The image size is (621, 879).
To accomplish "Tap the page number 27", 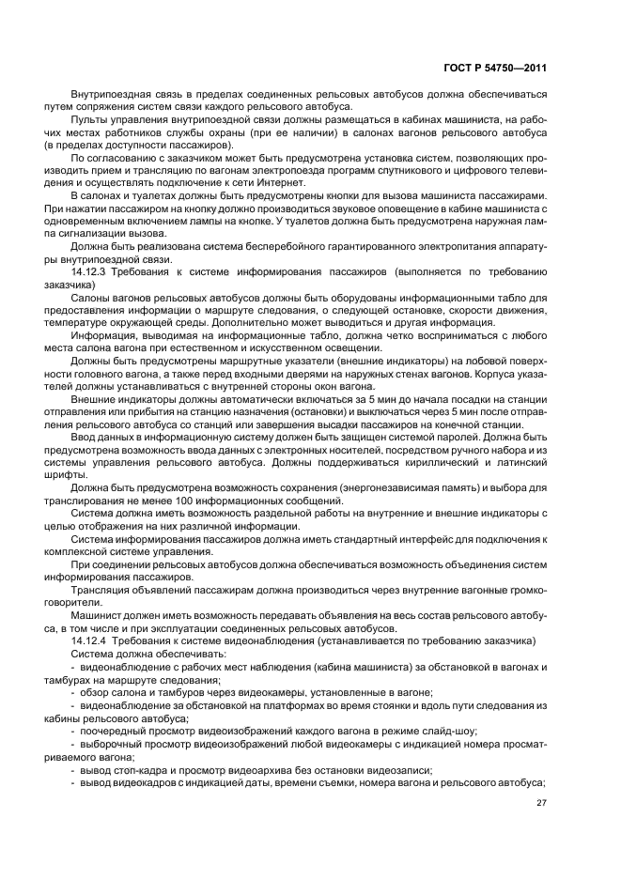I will click(541, 802).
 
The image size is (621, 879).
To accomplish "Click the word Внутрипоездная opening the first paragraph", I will click(112, 95).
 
